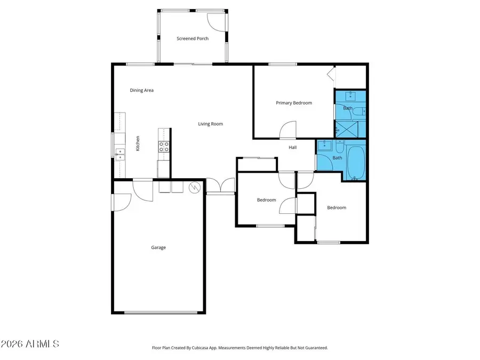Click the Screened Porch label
[x=193, y=38]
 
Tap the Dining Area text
[x=142, y=90]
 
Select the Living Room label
[x=211, y=124]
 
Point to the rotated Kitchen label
[x=138, y=143]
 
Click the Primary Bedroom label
[x=294, y=103]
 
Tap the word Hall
[x=293, y=147]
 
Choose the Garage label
[x=158, y=247]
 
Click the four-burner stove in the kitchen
[x=164, y=147]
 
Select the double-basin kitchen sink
[x=120, y=154]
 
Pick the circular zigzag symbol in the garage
[x=195, y=188]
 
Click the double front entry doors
[x=220, y=185]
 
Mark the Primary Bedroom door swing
[x=288, y=129]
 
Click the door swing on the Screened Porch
[x=216, y=20]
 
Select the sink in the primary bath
[x=350, y=97]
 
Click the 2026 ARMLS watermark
[x=30, y=344]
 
